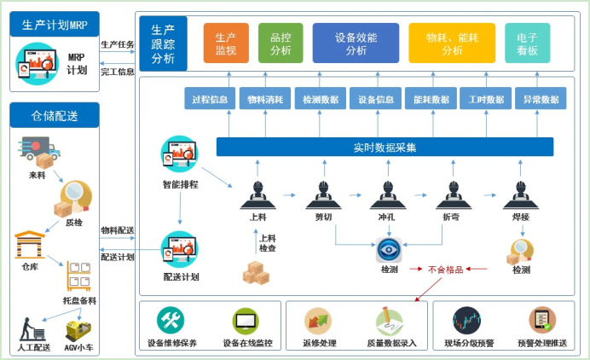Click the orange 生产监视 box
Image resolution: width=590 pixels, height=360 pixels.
tap(225, 44)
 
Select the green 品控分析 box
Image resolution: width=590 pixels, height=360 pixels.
tap(280, 44)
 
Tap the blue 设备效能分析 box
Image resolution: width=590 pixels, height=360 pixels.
tap(355, 44)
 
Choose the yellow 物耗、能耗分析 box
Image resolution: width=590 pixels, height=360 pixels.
tap(451, 44)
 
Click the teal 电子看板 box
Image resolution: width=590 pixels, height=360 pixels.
tap(527, 44)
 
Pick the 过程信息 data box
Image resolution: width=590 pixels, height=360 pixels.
tap(209, 99)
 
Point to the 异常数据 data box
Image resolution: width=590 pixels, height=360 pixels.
tap(541, 99)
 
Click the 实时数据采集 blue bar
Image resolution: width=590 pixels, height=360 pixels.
tap(385, 147)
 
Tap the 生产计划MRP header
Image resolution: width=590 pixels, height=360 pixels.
tap(55, 24)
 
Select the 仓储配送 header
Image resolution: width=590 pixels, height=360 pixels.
tap(55, 115)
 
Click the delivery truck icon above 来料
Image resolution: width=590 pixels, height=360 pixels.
tap(38, 154)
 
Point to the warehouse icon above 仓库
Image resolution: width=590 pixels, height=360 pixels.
tap(31, 245)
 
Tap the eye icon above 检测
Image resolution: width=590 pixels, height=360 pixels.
tap(389, 250)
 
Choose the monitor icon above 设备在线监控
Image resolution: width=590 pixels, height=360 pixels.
tap(246, 321)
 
